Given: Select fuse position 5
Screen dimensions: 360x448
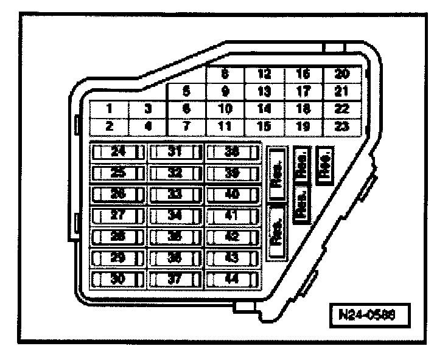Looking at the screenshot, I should (x=187, y=92).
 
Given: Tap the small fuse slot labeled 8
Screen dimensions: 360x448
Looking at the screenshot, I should (x=225, y=75).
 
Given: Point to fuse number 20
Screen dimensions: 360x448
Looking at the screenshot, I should (x=343, y=75).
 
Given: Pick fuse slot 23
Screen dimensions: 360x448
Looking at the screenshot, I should (x=343, y=126).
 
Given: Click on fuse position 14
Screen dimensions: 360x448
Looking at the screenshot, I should (x=264, y=109).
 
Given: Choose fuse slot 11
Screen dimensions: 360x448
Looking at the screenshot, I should (x=225, y=126).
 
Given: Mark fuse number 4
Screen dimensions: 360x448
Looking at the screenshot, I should (x=148, y=126).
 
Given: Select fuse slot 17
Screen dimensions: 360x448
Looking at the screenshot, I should (x=303, y=92).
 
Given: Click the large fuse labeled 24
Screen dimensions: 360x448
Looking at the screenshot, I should (x=117, y=151).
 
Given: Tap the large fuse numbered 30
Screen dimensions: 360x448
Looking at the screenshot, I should (x=117, y=279).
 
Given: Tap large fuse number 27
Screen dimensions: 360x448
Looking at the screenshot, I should (x=117, y=215).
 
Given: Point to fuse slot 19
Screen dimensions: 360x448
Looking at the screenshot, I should (x=303, y=126).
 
